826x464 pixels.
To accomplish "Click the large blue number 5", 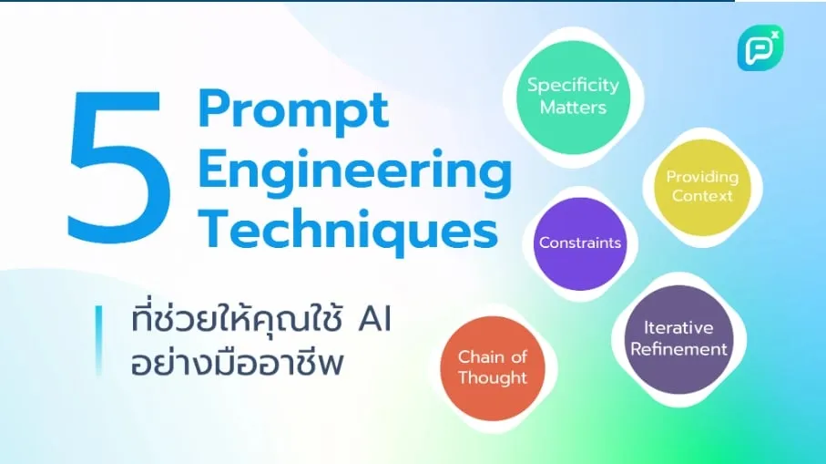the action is coord(118,167).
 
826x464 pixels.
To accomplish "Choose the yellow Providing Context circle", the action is coord(702,187).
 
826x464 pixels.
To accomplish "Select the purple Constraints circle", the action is coord(580,243).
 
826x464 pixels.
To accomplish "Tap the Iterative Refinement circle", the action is coord(678,339).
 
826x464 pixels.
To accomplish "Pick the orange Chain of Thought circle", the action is coord(493,368).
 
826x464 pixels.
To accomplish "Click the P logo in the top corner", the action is coord(760,48).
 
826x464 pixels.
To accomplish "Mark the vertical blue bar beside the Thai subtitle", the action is coord(98,340).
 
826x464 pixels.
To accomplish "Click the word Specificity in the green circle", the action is coord(573,86).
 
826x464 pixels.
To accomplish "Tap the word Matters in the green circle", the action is coord(573,108).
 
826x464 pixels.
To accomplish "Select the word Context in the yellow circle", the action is coord(702,196).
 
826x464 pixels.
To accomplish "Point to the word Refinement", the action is coord(678,349).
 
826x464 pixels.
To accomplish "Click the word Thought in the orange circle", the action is coord(493,378).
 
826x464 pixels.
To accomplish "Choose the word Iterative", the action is coord(678,327).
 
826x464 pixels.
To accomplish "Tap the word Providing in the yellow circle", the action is coord(702,177).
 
